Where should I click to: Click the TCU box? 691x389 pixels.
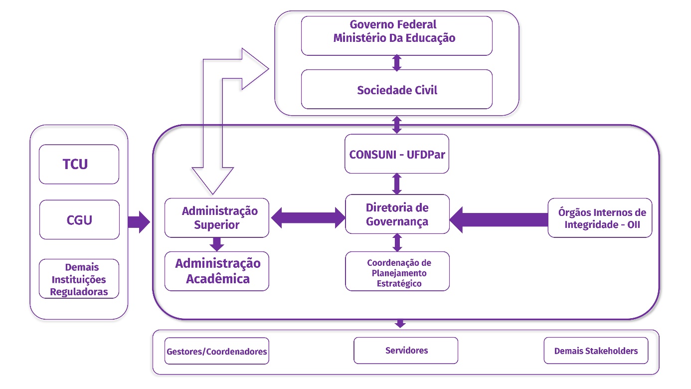point(79,164)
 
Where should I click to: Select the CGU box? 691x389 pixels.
point(79,219)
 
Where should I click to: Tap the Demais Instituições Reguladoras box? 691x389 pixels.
point(79,279)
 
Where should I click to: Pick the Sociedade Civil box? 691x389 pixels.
point(396,89)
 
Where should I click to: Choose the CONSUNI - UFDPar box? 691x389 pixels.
point(397,154)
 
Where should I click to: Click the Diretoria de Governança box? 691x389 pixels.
point(397,214)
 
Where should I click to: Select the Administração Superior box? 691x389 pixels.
point(217,217)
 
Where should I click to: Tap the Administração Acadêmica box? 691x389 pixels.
point(217,271)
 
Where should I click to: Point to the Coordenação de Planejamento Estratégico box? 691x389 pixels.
point(397,272)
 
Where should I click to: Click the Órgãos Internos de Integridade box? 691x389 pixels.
point(600,218)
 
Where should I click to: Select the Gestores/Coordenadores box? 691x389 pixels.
point(216,351)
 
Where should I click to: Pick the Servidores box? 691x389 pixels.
point(406,350)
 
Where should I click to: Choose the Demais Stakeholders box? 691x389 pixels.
point(596,351)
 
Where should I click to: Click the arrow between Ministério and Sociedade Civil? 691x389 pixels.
point(397,62)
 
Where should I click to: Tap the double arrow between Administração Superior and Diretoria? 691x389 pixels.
point(307,217)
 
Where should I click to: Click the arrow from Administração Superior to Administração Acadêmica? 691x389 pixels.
point(216,244)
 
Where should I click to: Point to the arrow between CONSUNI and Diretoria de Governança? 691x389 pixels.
point(397,184)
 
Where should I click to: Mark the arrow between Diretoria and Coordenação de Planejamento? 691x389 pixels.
point(397,242)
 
